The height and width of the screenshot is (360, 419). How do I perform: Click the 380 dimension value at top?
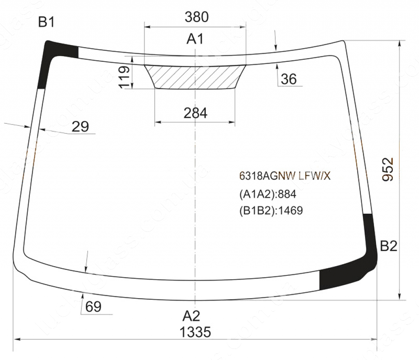196,17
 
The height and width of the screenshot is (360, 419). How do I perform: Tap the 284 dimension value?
195,113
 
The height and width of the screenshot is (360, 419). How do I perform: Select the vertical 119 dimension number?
124,77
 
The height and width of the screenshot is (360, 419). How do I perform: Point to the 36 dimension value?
289,79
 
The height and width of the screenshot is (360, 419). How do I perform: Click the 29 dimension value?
80,127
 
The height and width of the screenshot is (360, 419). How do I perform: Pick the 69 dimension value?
93,306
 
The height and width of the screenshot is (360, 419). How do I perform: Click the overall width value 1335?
195,333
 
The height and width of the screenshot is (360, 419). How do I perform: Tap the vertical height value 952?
388,170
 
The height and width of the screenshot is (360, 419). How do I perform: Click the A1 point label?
195,39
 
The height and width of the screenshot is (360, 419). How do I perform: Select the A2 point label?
191,316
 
